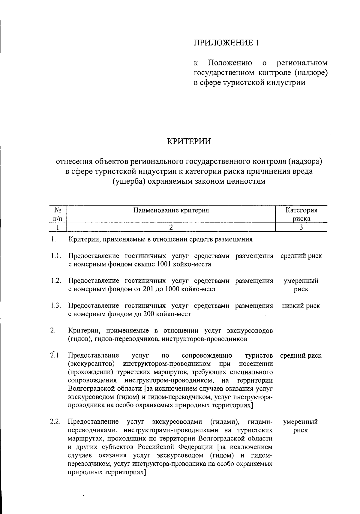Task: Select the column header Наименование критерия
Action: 171,210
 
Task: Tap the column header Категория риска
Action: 301,214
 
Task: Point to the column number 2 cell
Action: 171,227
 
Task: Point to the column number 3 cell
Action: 301,227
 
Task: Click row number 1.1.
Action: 56,256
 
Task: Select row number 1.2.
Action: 56,281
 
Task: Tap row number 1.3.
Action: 56,305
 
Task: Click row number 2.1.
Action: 56,356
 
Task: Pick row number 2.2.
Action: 56,422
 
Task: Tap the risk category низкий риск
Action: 301,305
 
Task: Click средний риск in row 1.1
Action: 301,256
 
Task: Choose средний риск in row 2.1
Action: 301,356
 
